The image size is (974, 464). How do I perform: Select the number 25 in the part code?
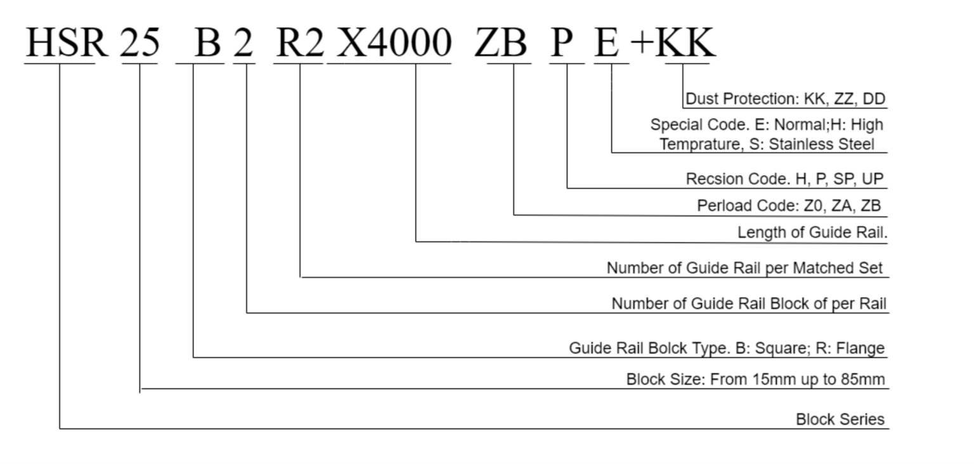pyautogui.click(x=140, y=43)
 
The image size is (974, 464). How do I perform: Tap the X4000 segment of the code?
pyautogui.click(x=393, y=43)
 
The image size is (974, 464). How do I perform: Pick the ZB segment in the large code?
pyautogui.click(x=501, y=43)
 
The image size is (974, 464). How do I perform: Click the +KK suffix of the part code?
pyautogui.click(x=673, y=43)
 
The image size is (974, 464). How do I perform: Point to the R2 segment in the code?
pyautogui.click(x=300, y=43)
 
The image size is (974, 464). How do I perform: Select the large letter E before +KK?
pyautogui.click(x=607, y=43)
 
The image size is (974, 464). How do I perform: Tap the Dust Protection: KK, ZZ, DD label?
pyautogui.click(x=786, y=99)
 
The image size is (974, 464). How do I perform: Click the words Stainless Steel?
pyautogui.click(x=822, y=144)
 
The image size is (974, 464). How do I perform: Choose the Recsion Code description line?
pyautogui.click(x=784, y=179)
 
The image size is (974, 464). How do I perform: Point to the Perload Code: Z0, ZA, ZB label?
pyautogui.click(x=789, y=206)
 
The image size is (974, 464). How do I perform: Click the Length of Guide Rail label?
pyautogui.click(x=812, y=233)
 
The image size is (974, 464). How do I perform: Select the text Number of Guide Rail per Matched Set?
pyautogui.click(x=744, y=268)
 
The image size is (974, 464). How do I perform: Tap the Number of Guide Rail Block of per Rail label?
pyautogui.click(x=749, y=303)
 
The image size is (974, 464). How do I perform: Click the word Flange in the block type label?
pyautogui.click(x=860, y=348)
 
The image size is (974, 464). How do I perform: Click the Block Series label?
pyautogui.click(x=840, y=419)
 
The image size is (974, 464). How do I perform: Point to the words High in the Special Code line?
pyautogui.click(x=867, y=125)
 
